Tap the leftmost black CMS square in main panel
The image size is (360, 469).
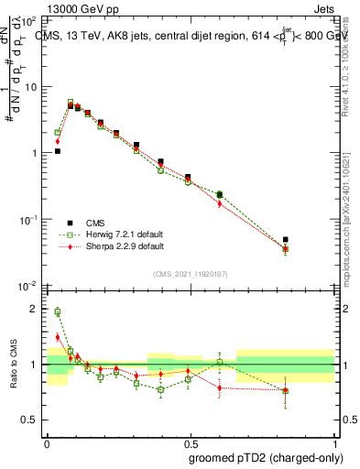[57, 151]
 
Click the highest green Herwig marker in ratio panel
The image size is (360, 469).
[57, 311]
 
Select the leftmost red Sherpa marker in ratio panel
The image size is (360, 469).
[57, 337]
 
